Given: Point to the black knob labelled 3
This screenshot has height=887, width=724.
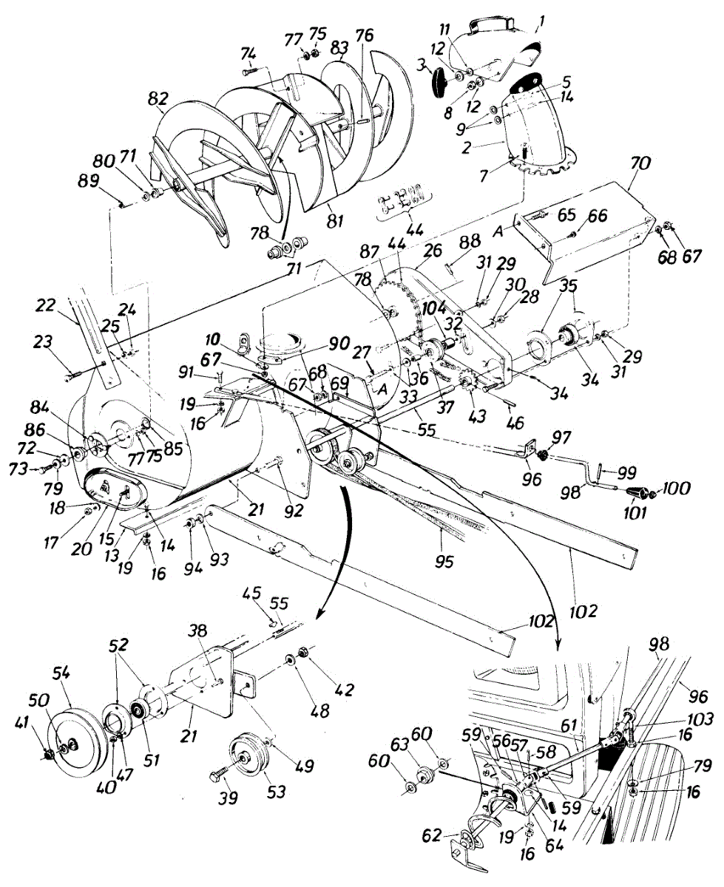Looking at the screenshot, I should (443, 80).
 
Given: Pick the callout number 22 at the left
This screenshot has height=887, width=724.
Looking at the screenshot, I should (46, 304).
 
